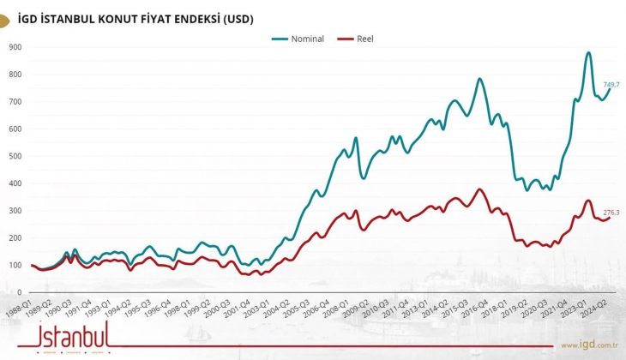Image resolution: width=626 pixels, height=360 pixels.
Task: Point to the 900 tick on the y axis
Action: (15, 47)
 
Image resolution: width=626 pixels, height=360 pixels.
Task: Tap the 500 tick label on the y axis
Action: (15, 156)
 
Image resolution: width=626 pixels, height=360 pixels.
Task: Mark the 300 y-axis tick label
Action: (15, 211)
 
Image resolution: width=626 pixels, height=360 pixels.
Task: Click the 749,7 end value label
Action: (611, 85)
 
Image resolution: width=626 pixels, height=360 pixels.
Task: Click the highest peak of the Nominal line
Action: (588, 53)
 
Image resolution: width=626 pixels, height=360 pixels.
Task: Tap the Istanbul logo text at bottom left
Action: (73, 334)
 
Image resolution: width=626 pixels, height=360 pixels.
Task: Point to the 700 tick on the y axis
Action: (15, 102)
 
